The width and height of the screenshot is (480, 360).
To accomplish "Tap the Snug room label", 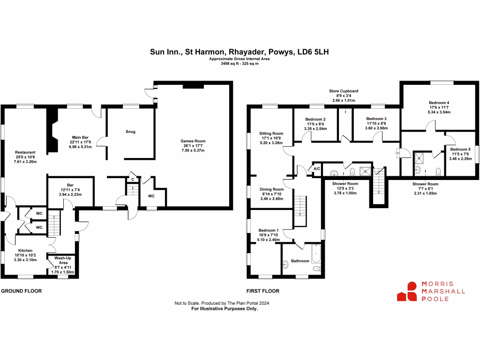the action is (130, 132).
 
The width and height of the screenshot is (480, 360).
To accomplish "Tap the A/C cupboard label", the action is (317, 169).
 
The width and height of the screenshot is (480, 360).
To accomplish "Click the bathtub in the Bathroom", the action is (316, 254).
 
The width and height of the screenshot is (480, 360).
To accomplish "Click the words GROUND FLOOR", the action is (22, 291).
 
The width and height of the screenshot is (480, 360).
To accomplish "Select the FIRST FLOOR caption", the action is (263, 291).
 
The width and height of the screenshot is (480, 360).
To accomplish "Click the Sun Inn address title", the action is (240, 52).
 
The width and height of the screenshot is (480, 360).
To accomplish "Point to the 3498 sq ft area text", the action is (240, 64).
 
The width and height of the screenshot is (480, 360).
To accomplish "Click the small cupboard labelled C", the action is (133, 180).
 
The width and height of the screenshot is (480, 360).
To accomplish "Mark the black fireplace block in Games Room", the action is (193, 87).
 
